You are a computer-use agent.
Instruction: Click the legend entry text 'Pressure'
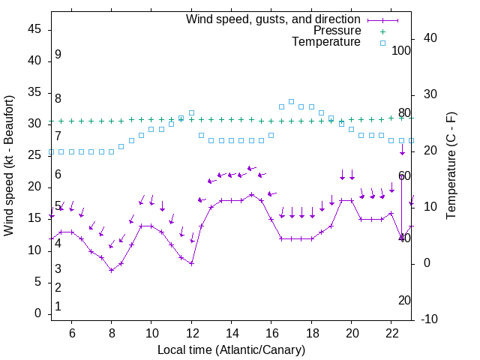(337, 31)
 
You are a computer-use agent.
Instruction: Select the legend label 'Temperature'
(326, 42)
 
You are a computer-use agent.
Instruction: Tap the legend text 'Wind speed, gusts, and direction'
(274, 19)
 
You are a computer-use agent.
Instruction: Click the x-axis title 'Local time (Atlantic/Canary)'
(231, 349)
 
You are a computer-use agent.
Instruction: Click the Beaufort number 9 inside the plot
(58, 55)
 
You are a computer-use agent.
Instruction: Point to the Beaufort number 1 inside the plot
(58, 306)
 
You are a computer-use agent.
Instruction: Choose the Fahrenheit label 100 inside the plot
(401, 50)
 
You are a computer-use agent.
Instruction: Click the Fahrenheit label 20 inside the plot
(404, 300)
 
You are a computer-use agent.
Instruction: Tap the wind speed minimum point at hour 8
(111, 270)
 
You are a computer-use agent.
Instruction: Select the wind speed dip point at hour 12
(191, 263)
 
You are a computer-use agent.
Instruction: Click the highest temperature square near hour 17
(291, 101)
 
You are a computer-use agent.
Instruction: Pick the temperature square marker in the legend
(382, 43)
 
